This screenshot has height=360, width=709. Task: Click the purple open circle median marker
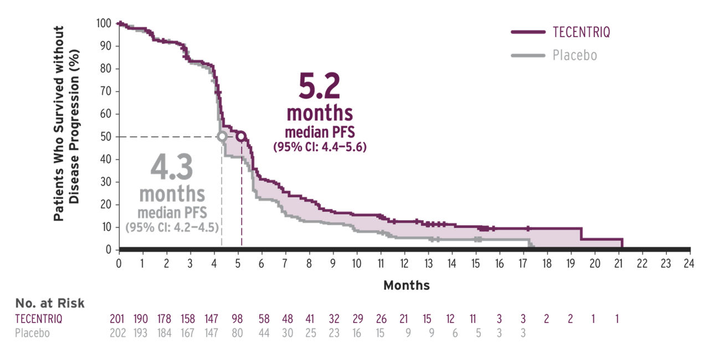click(241, 136)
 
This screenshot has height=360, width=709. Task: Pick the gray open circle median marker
click(222, 136)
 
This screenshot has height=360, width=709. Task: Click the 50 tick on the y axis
click(105, 137)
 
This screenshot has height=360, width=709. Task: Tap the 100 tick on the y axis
click(103, 23)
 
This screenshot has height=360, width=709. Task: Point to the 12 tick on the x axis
click(404, 263)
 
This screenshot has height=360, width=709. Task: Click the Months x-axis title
click(406, 285)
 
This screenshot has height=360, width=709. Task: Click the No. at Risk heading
click(50, 303)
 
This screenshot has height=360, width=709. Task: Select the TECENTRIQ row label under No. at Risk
click(39, 318)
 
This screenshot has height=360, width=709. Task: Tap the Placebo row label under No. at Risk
click(32, 333)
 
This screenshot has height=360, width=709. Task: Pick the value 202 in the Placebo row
click(118, 333)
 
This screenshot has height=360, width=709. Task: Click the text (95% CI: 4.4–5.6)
click(320, 147)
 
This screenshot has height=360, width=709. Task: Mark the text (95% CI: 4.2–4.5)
click(172, 227)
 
